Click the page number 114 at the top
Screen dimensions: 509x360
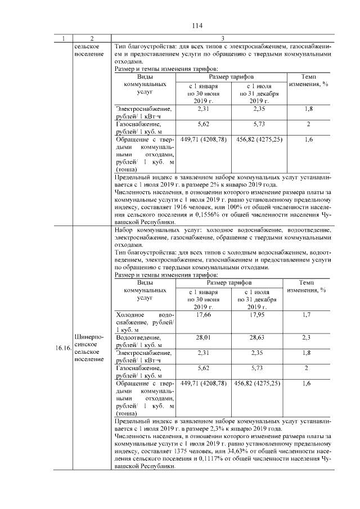pyautogui.click(x=196, y=26)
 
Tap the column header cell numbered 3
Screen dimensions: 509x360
pyautogui.click(x=222, y=38)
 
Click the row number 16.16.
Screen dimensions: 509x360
pyautogui.click(x=62, y=348)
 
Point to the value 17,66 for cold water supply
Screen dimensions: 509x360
pyautogui.click(x=203, y=315)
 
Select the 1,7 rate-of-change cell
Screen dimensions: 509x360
pyautogui.click(x=307, y=315)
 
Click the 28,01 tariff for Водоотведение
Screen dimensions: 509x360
pyautogui.click(x=203, y=337)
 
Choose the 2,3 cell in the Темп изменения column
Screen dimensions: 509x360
pyautogui.click(x=307, y=337)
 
